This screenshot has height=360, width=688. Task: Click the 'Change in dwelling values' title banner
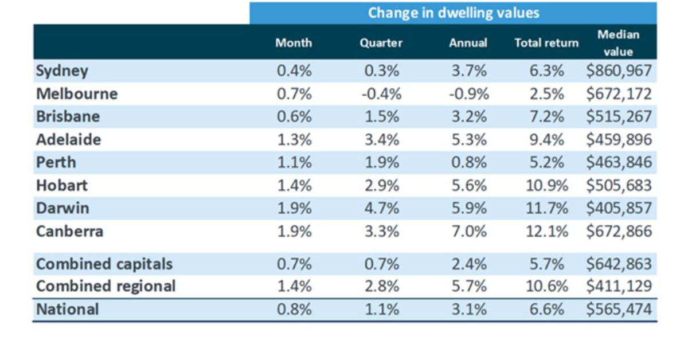(x=453, y=13)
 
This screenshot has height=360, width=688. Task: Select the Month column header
(x=294, y=43)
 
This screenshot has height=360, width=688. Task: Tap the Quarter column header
(x=381, y=43)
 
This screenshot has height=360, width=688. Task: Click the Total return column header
(x=546, y=43)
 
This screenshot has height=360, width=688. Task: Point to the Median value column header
(x=618, y=43)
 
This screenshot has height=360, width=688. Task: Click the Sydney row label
(x=62, y=71)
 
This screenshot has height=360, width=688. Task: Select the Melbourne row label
(x=76, y=94)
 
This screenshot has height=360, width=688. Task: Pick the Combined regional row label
(x=105, y=286)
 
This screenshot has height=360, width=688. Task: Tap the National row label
(x=67, y=309)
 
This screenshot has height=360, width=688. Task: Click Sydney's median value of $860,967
(x=619, y=71)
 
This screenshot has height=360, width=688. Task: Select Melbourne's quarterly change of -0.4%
(x=381, y=94)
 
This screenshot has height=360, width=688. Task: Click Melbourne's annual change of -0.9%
(x=468, y=94)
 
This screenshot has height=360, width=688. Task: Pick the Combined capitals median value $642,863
(x=619, y=264)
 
